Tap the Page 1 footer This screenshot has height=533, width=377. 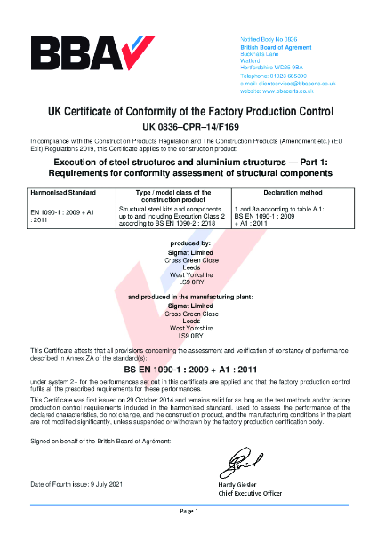point(188,513)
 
